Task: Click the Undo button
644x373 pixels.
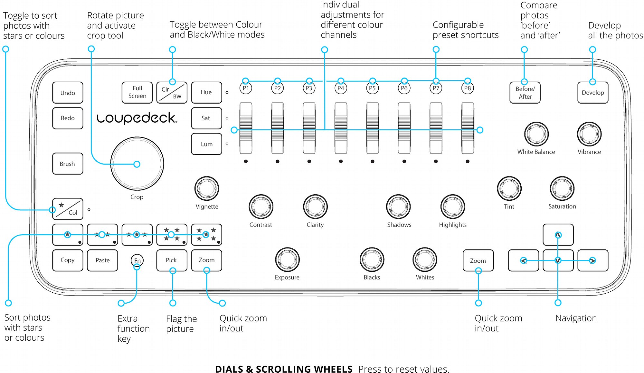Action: tap(68, 93)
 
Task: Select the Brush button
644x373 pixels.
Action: tap(68, 164)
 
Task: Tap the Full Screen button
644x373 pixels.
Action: tap(137, 93)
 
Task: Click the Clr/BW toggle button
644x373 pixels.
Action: tap(172, 93)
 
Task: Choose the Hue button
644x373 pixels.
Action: tap(207, 93)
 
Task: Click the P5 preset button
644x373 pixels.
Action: tap(373, 88)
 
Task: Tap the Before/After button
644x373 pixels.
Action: tap(525, 93)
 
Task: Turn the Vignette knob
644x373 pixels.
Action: tap(207, 188)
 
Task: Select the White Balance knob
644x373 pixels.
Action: tap(536, 134)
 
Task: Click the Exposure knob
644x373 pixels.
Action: tap(287, 259)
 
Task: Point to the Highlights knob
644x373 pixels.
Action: tap(453, 207)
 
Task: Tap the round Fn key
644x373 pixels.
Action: tap(137, 260)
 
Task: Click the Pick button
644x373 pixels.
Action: tap(172, 260)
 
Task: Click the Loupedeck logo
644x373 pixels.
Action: tap(137, 118)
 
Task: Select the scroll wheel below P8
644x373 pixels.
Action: tap(468, 128)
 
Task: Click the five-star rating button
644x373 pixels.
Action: tap(207, 235)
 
